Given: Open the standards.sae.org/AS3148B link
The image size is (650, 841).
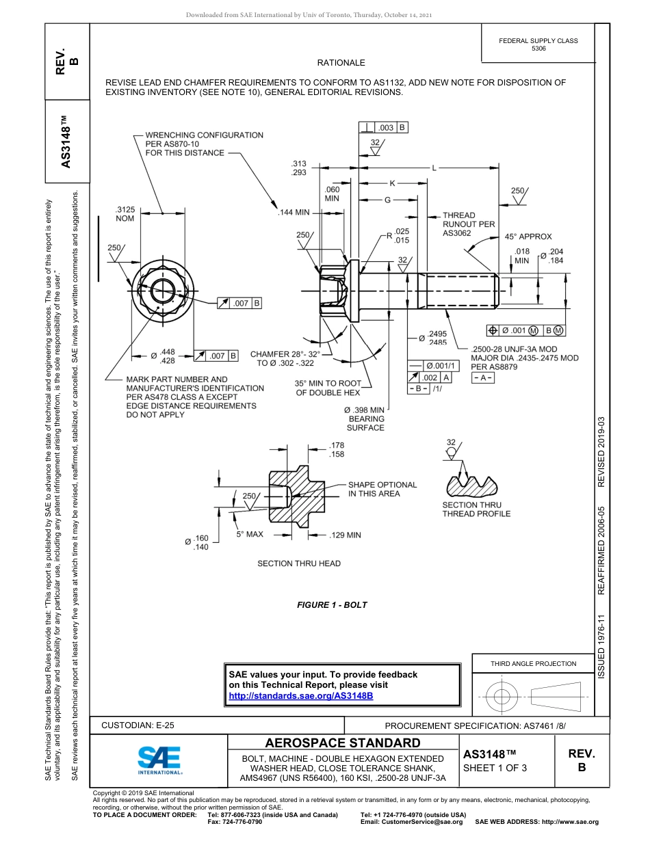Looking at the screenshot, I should [300, 695].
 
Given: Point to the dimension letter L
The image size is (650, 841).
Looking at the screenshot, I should [434, 168].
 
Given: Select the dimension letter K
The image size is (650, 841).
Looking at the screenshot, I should [392, 183].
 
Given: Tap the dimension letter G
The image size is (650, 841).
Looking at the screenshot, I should [387, 200].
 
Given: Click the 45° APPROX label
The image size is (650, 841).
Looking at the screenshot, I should [528, 237].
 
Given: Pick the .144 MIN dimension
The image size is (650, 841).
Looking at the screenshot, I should [294, 213].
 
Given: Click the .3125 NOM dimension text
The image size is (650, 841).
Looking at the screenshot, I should [125, 214].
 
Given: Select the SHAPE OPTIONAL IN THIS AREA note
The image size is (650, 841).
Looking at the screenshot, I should [382, 489].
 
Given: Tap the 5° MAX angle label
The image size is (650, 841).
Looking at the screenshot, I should [250, 534].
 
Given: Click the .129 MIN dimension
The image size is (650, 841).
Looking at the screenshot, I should [345, 535].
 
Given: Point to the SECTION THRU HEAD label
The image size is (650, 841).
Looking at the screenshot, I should [298, 563].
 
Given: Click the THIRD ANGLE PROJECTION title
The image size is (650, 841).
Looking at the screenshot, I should [533, 663].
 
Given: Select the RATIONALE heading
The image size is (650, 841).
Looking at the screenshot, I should [341, 63].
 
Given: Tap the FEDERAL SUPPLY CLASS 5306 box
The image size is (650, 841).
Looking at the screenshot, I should [538, 44].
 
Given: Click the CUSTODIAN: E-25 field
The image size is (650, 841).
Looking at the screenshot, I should [138, 725].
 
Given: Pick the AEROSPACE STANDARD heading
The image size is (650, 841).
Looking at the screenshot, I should [343, 743].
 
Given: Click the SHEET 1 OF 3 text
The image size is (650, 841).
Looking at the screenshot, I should [495, 767].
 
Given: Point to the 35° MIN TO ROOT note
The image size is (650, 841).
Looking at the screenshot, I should [328, 388].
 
